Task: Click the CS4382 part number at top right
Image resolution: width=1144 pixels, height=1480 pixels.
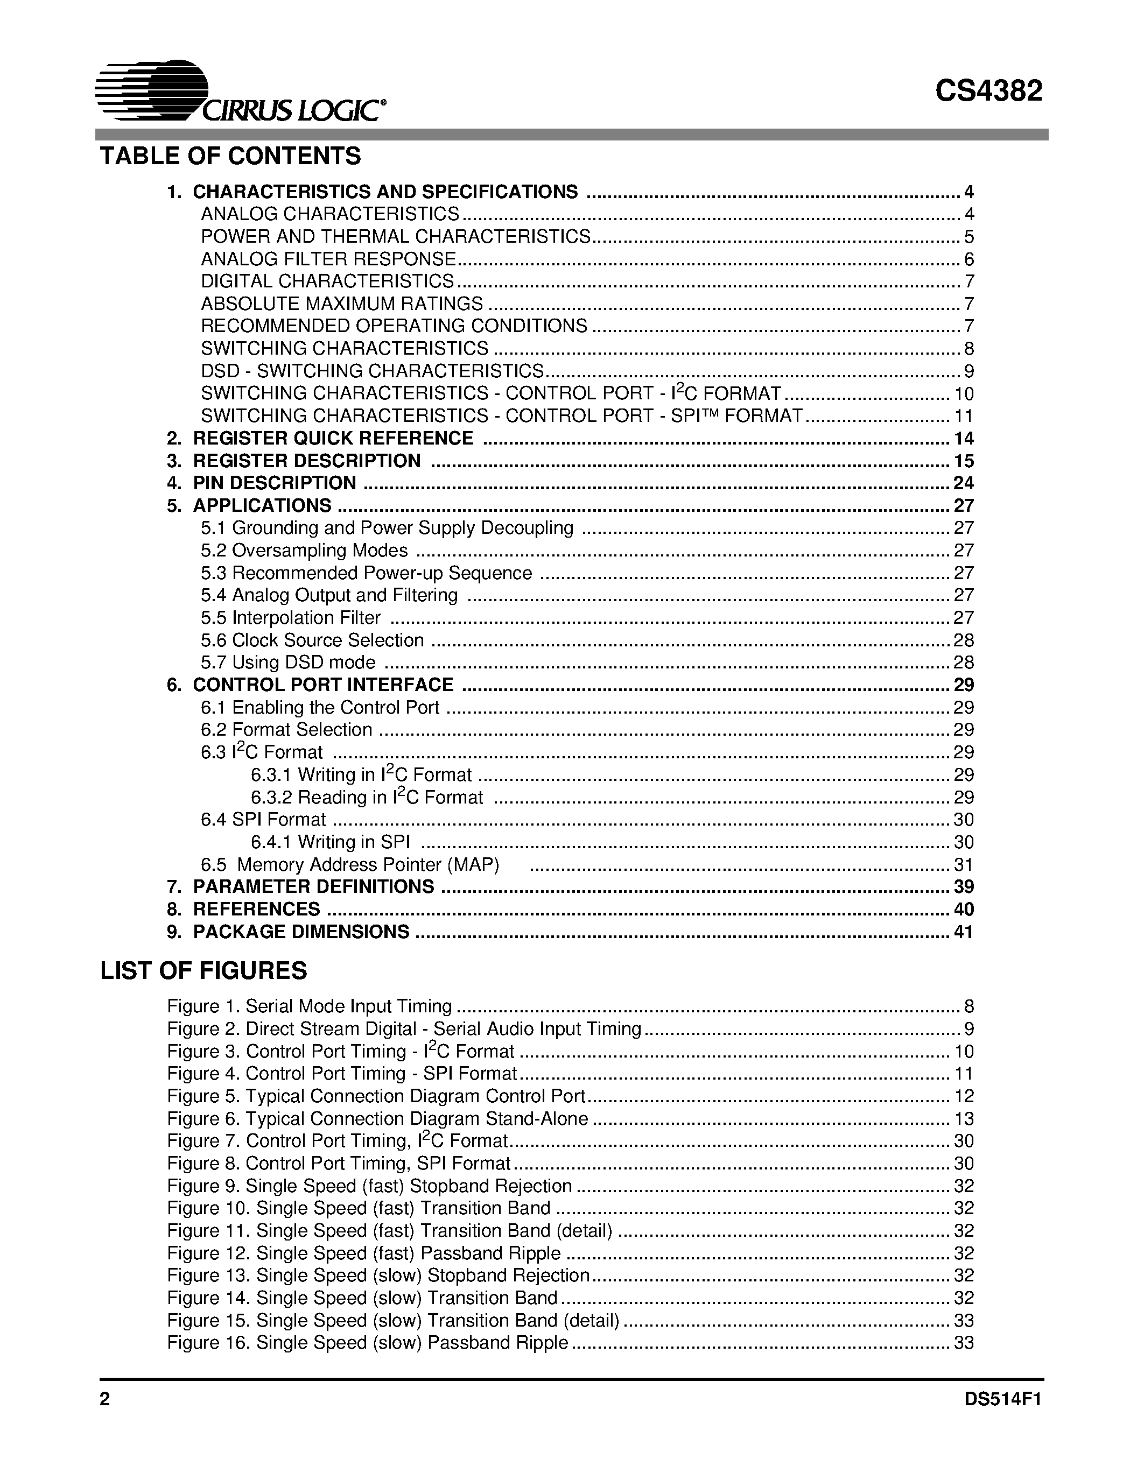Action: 988,91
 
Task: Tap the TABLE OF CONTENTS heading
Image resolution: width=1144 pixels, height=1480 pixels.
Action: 230,157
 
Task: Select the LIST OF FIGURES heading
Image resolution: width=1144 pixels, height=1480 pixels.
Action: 203,971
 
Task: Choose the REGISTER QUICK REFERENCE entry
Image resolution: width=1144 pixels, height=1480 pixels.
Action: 332,439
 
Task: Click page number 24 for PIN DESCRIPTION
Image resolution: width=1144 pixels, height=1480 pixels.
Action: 963,483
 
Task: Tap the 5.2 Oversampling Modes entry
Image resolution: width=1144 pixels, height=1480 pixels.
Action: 304,550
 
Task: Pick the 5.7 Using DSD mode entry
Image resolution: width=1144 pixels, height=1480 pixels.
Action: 288,662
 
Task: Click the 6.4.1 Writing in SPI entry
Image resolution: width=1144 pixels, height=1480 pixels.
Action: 330,842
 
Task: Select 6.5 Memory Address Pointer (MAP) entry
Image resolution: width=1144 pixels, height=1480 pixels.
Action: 350,865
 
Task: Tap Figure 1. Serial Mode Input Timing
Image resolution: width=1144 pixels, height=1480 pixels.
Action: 310,1006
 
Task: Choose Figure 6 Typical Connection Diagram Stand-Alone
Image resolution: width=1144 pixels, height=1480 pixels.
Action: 377,1119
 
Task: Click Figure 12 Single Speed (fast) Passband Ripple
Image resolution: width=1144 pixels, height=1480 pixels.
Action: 364,1253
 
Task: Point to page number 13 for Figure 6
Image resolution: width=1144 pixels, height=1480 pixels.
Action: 963,1119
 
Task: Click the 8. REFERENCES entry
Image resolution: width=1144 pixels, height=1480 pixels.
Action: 256,910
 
